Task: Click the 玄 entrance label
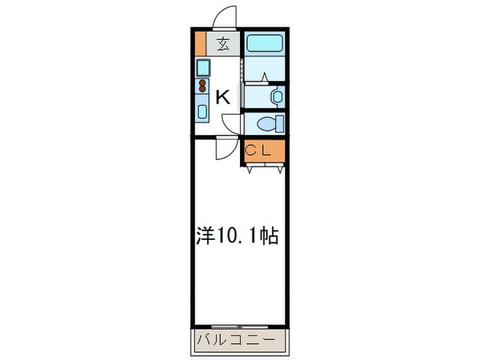pos(224,45)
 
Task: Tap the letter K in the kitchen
pos(223,97)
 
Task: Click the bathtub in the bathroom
pos(264,44)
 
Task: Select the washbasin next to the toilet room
pos(277,97)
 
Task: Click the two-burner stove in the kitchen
pos(203,86)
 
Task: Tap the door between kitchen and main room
pos(224,147)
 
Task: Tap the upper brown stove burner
pos(203,82)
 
